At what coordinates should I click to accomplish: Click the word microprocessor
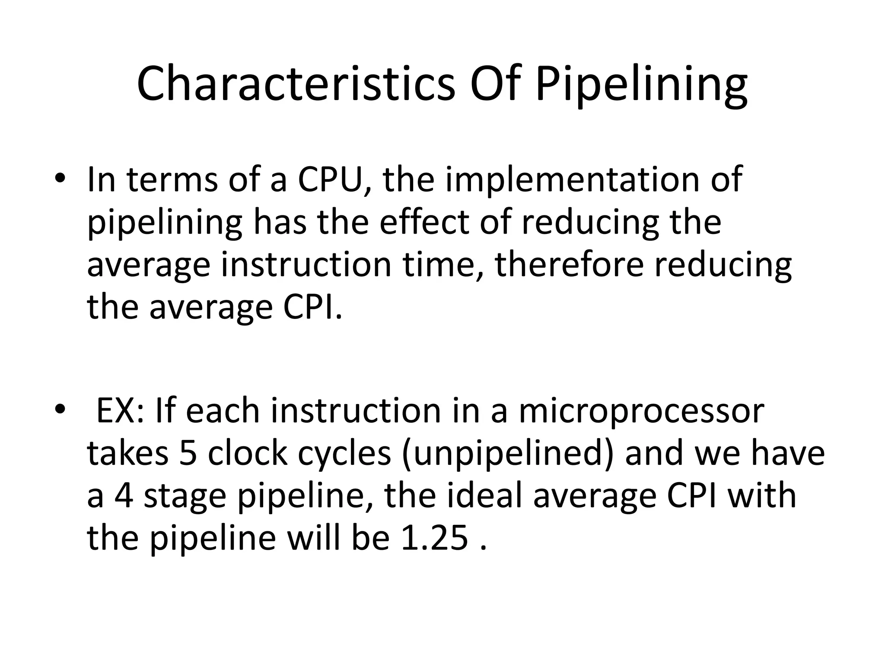(x=641, y=410)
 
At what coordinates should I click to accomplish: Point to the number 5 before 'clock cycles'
(x=188, y=453)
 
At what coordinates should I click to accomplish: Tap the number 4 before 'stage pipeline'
(x=124, y=496)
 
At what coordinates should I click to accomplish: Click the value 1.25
(x=435, y=538)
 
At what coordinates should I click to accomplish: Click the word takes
(x=128, y=453)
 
